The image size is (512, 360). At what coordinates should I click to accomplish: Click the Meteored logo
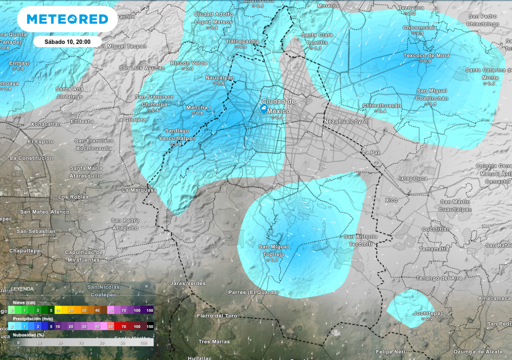(x=67, y=19)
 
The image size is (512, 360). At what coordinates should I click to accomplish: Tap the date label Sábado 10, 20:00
(x=67, y=41)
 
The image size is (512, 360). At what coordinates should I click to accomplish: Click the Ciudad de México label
(x=278, y=106)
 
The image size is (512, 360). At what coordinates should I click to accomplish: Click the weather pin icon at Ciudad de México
(x=263, y=108)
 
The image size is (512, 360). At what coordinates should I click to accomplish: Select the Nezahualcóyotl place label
(x=346, y=121)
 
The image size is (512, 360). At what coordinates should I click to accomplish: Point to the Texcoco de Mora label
(x=426, y=55)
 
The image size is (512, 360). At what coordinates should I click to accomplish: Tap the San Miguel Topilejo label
(x=273, y=250)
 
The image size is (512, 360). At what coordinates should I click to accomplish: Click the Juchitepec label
(x=415, y=313)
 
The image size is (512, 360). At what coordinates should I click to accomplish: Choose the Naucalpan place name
(x=220, y=78)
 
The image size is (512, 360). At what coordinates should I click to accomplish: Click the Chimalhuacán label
(x=381, y=105)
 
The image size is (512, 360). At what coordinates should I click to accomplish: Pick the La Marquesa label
(x=139, y=190)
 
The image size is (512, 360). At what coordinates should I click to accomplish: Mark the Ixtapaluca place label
(x=412, y=178)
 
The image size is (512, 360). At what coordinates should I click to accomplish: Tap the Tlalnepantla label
(x=242, y=41)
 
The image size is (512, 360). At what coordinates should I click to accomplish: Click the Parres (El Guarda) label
(x=253, y=292)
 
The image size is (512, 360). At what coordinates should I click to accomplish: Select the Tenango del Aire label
(x=439, y=278)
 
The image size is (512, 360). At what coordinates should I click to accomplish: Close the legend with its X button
(x=146, y=286)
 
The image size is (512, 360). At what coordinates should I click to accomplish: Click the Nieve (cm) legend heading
(x=24, y=303)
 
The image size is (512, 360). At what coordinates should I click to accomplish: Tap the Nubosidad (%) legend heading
(x=28, y=334)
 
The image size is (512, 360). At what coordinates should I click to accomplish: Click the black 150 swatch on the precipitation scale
(x=149, y=326)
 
